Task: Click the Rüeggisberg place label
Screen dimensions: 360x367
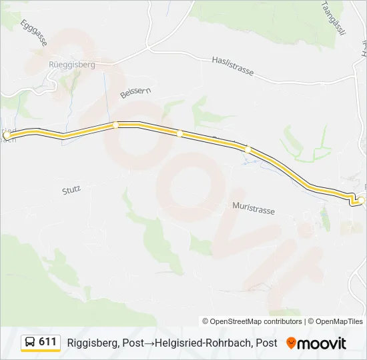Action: pos(72,65)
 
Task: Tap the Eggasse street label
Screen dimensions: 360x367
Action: pos(34,31)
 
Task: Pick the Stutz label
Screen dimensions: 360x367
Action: pos(71,189)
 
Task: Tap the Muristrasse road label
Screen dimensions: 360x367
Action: pos(254,209)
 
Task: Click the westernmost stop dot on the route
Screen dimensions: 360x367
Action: pos(7,135)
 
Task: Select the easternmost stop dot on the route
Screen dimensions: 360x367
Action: pos(361,200)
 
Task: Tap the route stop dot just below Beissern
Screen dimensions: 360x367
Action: pos(115,125)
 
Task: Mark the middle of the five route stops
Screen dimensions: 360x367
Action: pos(179,134)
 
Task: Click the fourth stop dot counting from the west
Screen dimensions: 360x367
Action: pos(248,150)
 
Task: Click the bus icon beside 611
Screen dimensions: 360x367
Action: pos(30,343)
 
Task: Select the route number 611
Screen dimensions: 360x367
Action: pos(47,342)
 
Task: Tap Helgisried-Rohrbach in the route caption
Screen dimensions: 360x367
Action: pos(204,343)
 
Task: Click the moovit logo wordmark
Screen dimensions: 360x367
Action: pos(322,343)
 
